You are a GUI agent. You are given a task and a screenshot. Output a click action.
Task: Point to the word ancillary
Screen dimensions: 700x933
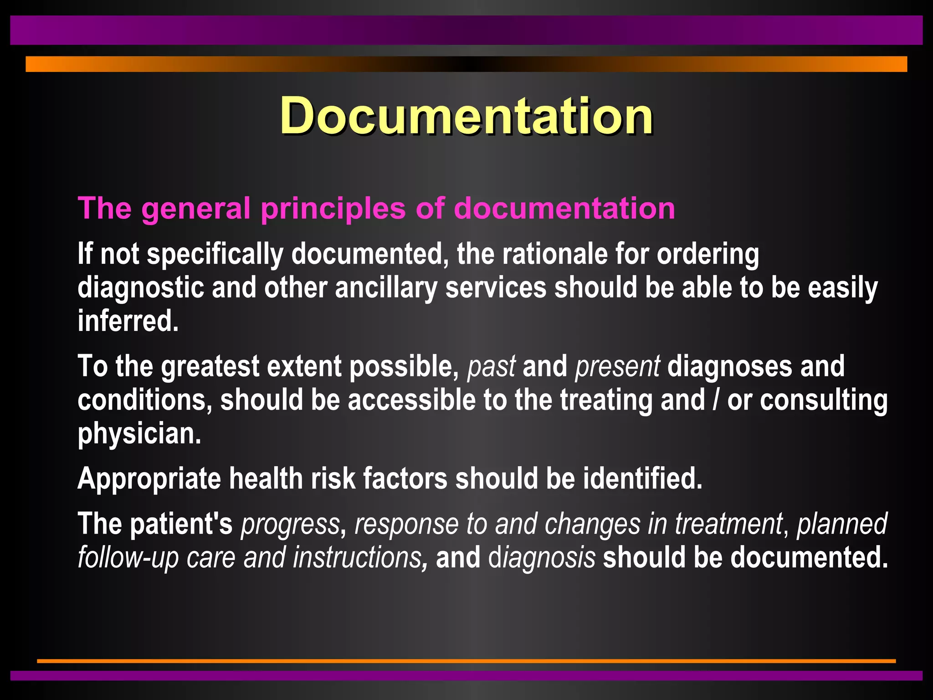click(386, 288)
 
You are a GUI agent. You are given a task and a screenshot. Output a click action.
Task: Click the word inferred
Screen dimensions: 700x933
click(128, 321)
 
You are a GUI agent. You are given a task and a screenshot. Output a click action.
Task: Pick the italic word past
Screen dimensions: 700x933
click(492, 366)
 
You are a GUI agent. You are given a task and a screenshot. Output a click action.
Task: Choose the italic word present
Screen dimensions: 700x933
click(617, 366)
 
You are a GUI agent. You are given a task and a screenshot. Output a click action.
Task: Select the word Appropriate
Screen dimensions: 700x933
click(149, 479)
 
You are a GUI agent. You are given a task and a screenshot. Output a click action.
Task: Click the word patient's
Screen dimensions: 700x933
click(181, 524)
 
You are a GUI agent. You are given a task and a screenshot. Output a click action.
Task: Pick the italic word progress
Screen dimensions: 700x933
click(290, 524)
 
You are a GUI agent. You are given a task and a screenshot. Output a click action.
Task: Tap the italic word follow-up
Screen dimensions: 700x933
click(128, 557)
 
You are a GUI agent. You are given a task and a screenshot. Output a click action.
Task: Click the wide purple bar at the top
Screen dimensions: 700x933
click(466, 30)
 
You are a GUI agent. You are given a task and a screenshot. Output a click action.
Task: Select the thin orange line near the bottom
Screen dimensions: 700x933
click(466, 660)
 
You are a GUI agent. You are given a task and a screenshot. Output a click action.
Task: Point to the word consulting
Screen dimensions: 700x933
click(824, 400)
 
